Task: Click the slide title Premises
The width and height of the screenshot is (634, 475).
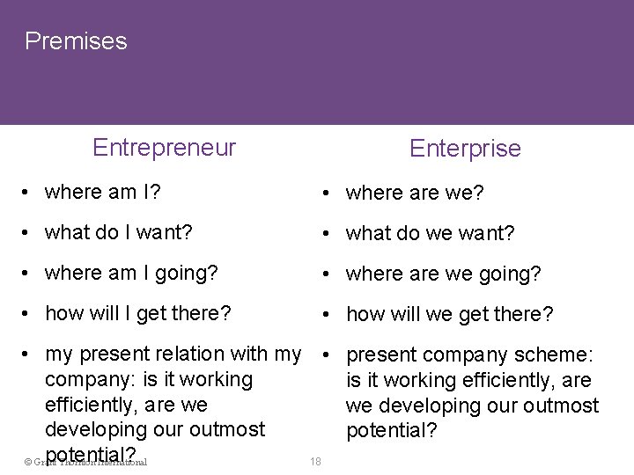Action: [x=76, y=40]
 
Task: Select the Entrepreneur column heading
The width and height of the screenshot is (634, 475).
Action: [x=164, y=147]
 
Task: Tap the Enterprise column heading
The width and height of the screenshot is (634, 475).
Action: [x=465, y=148]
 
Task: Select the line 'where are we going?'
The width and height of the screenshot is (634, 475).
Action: [x=441, y=274]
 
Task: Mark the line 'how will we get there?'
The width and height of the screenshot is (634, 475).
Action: [x=449, y=313]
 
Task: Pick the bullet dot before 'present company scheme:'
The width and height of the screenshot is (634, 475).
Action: [x=327, y=355]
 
